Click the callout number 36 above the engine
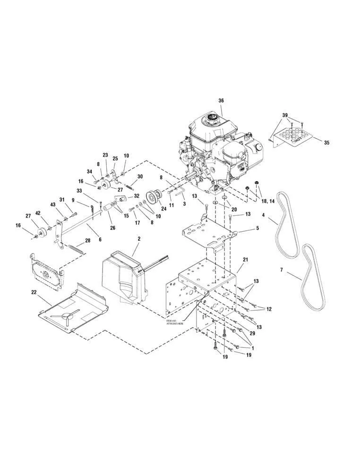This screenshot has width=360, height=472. tap(221, 101)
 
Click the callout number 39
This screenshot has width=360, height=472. tap(285, 115)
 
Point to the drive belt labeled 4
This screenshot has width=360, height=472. tap(285, 227)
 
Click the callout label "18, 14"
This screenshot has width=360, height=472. tap(268, 201)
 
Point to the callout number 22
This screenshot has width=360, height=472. tap(34, 293)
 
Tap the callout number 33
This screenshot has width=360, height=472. tap(79, 191)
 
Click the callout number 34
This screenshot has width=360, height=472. tap(89, 171)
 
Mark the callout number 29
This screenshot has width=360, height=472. tap(252, 334)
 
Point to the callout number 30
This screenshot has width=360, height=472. tap(140, 177)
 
